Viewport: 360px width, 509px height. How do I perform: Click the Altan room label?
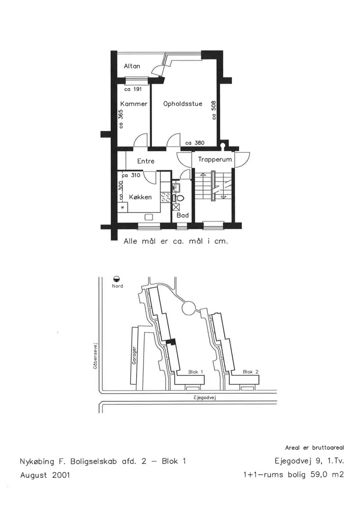132,66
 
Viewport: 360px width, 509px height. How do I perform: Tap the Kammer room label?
134,104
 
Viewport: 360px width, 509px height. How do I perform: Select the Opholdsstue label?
183,104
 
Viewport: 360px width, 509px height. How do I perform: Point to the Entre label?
146,161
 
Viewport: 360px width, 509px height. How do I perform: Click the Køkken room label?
140,197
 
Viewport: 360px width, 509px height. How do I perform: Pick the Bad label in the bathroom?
182,215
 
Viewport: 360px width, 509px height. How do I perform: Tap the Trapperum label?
215,159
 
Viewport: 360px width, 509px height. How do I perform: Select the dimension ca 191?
133,89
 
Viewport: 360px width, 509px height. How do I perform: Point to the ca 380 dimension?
195,143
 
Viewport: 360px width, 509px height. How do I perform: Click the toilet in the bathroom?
179,198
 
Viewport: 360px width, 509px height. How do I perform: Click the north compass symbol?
117,279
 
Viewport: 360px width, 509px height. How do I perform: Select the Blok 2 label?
251,372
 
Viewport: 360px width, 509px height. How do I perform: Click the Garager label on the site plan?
134,355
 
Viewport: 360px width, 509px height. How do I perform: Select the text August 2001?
45,475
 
